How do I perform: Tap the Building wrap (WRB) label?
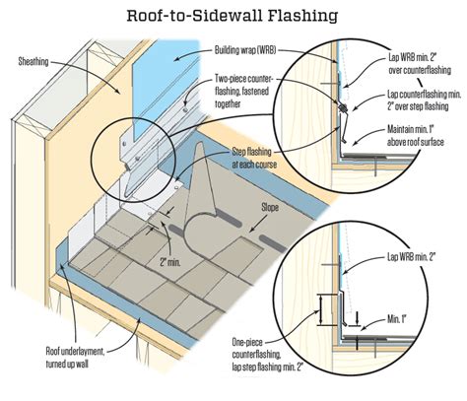pyautogui.click(x=243, y=49)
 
